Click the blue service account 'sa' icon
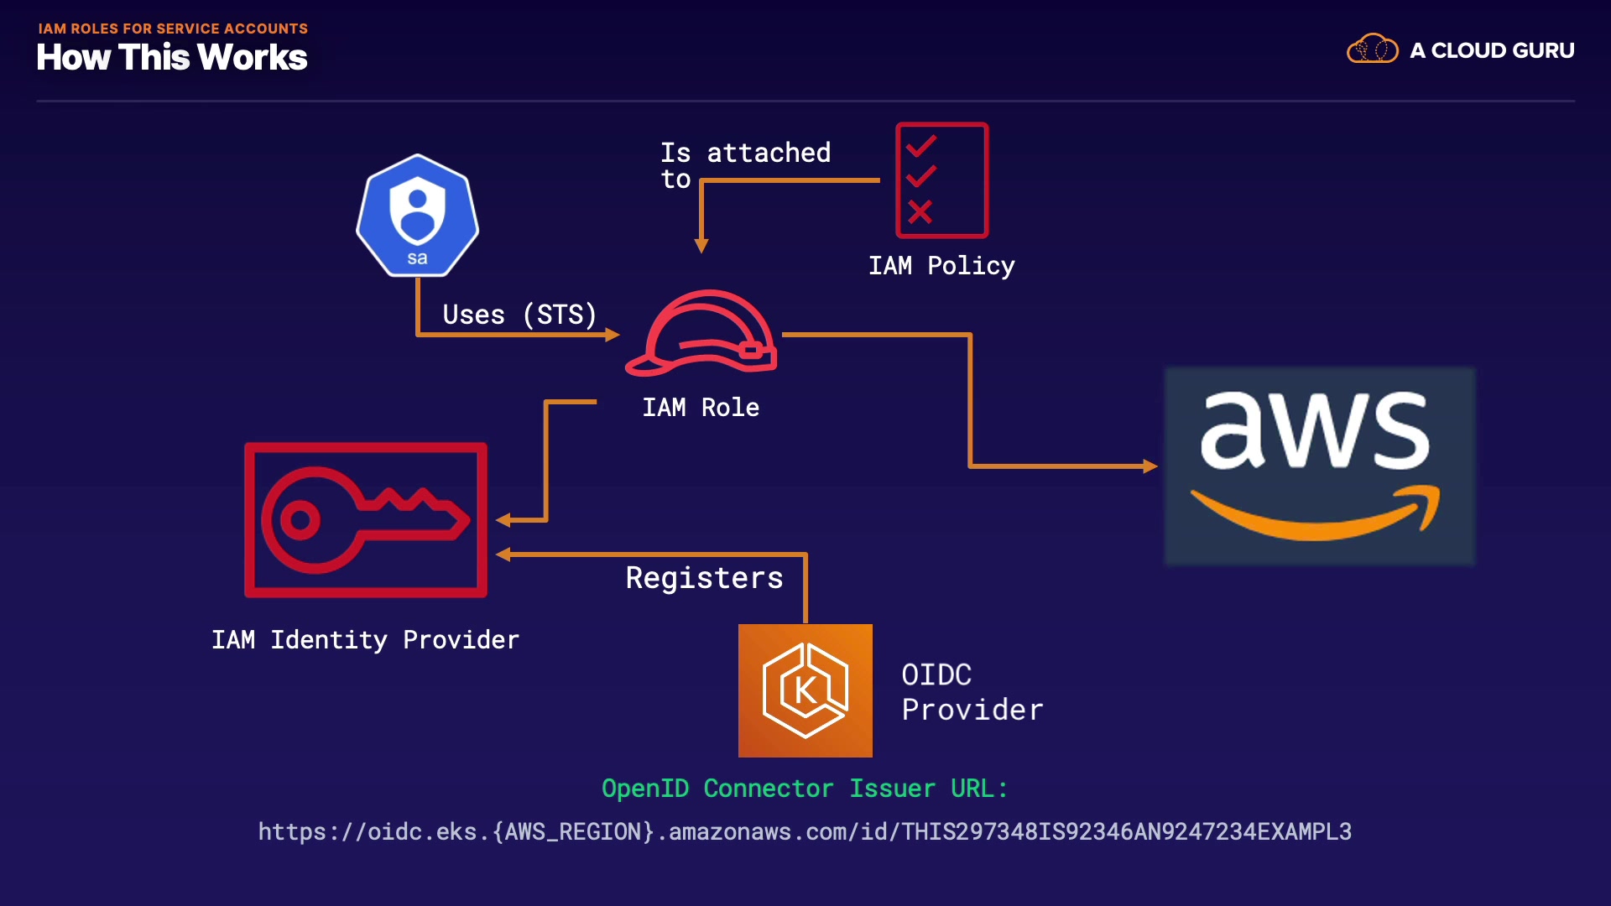[x=417, y=216]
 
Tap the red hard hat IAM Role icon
[x=703, y=333]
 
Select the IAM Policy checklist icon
[x=941, y=180]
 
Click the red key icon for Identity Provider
[x=366, y=520]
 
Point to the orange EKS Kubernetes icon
[x=805, y=690]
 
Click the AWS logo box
[x=1319, y=466]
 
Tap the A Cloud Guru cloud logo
[x=1372, y=49]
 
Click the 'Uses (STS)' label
[x=519, y=315]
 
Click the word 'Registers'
[x=704, y=578]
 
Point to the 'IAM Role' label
[x=701, y=408]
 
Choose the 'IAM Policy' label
[x=941, y=266]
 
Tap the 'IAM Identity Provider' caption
[x=365, y=640]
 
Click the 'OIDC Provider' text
[x=972, y=692]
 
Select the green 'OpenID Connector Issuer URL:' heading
[x=804, y=789]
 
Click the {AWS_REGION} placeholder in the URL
[x=573, y=831]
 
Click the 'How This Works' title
[x=172, y=58]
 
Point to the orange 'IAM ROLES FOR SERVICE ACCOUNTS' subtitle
[x=173, y=29]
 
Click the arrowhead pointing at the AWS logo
[x=1150, y=466]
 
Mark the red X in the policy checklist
[x=920, y=211]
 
